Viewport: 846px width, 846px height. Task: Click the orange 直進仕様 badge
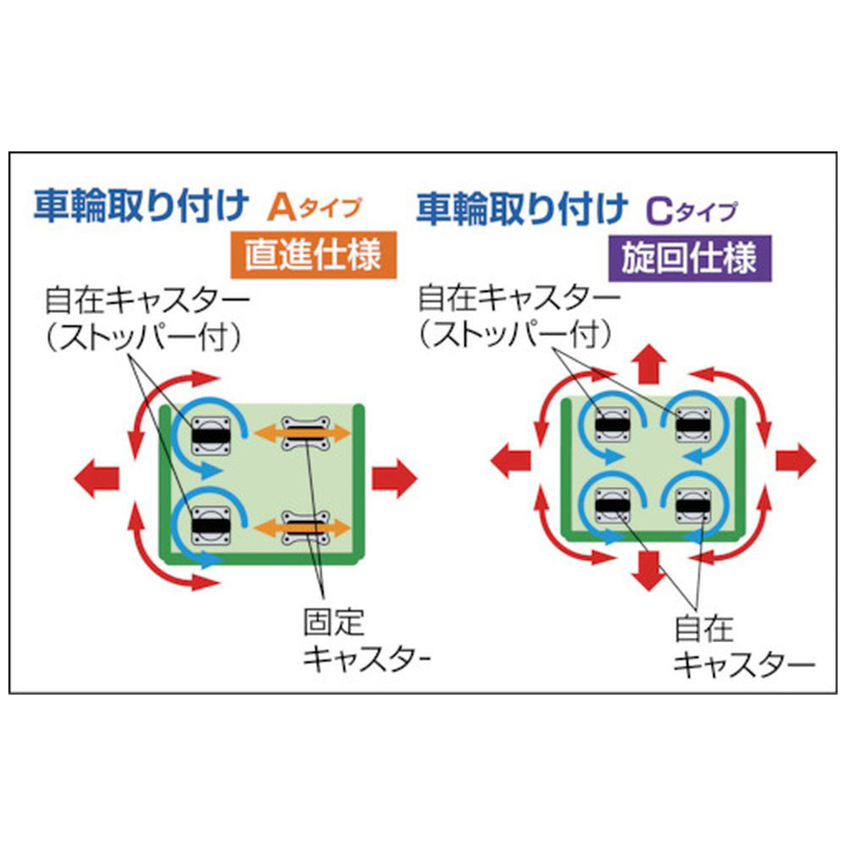point(314,255)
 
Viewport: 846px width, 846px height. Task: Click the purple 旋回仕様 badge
point(689,258)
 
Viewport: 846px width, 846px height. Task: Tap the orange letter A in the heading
point(282,208)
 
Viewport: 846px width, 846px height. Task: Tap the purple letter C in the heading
point(659,211)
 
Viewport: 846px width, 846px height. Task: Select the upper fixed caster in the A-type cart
point(305,432)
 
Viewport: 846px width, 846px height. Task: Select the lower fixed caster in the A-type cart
point(305,527)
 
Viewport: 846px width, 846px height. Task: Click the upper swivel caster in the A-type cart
point(211,436)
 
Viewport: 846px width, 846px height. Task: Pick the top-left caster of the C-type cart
point(613,425)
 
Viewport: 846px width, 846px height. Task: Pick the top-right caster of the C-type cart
point(694,425)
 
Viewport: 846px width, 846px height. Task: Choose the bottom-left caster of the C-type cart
point(613,506)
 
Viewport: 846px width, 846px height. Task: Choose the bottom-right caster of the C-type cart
point(694,506)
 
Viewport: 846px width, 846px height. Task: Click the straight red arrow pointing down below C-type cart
point(649,571)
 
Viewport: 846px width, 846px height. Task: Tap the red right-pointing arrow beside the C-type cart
point(796,461)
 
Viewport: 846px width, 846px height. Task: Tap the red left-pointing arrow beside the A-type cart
point(96,478)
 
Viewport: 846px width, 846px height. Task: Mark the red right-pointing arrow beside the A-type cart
point(394,478)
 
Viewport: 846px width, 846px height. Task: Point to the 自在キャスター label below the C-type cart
point(744,646)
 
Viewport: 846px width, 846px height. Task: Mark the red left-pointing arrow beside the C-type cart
point(510,461)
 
